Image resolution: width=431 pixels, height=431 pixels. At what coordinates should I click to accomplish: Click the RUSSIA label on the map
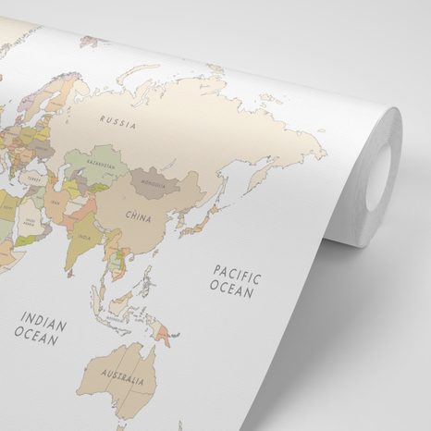pos(117,120)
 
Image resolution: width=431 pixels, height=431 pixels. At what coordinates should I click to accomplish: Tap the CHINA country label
pos(139,217)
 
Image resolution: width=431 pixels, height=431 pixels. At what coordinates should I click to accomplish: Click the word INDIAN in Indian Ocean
pos(43,325)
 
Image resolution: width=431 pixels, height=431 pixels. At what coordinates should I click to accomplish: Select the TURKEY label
pos(34,179)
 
